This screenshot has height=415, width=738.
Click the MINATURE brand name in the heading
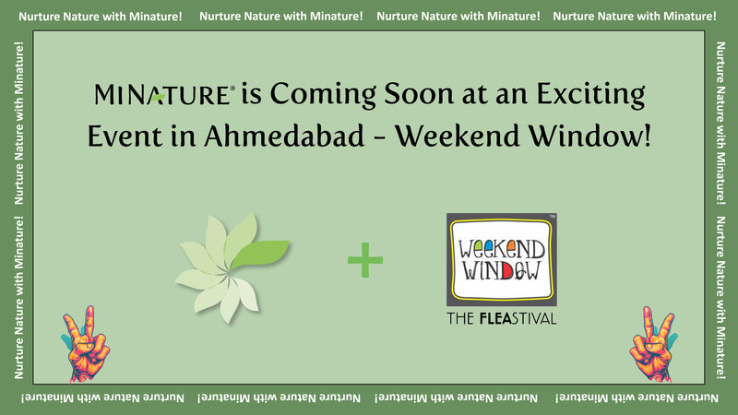(162, 94)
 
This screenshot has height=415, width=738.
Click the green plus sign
(365, 262)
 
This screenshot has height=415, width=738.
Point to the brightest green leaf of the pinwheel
(263, 250)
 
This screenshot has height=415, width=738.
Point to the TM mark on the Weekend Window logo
(553, 218)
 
